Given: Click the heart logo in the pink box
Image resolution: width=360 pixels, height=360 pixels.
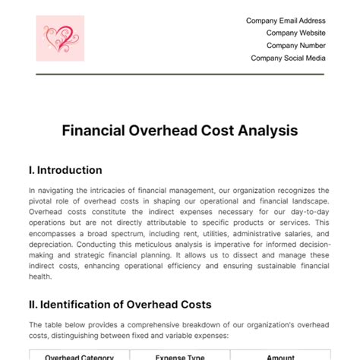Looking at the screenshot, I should [x=60, y=40].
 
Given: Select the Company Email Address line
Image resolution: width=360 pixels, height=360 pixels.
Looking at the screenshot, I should [x=286, y=21].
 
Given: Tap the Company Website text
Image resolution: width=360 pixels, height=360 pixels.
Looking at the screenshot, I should [x=295, y=33].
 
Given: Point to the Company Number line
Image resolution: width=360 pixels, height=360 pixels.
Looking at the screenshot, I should [x=295, y=46].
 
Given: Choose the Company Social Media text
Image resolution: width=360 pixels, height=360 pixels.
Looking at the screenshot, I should [x=288, y=58].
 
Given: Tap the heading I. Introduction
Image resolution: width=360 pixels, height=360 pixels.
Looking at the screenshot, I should [x=65, y=170].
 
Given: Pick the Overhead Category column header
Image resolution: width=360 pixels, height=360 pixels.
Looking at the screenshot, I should [x=79, y=354].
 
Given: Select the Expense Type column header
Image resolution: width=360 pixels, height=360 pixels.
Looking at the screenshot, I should [x=180, y=354].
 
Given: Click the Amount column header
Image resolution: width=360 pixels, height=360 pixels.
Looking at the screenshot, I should [x=280, y=354].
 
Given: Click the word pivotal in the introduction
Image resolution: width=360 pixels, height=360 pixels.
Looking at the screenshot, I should [x=44, y=201].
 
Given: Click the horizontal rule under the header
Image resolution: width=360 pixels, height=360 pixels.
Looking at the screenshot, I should [x=180, y=74].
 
